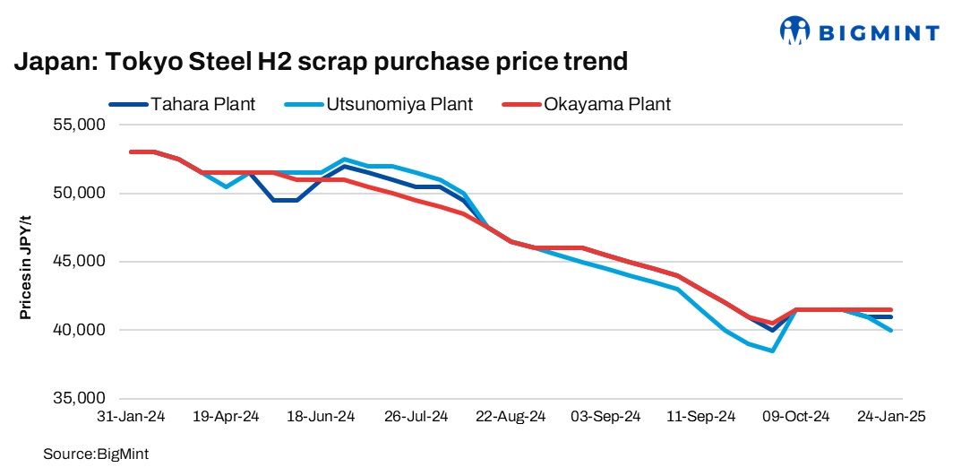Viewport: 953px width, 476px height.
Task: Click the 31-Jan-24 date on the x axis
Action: click(x=132, y=417)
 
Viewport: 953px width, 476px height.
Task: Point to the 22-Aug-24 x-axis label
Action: click(x=511, y=417)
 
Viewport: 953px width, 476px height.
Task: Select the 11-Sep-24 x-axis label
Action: click(x=701, y=417)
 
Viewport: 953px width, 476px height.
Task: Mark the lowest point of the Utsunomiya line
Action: click(x=772, y=351)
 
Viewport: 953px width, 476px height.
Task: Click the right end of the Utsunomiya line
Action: click(x=890, y=331)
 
